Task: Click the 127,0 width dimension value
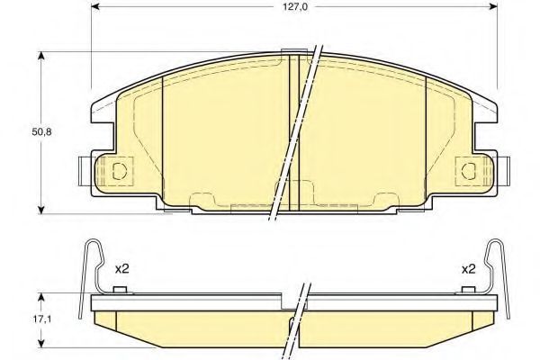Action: pyautogui.click(x=295, y=7)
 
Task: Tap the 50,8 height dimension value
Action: pyautogui.click(x=41, y=132)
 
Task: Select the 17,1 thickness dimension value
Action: pyautogui.click(x=42, y=319)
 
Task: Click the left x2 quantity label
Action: pyautogui.click(x=121, y=269)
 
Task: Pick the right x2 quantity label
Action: pyautogui.click(x=468, y=269)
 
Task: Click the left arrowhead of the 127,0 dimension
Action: pyautogui.click(x=95, y=6)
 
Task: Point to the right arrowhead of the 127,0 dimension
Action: pyautogui.click(x=493, y=6)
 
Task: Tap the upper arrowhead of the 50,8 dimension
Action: pyautogui.click(x=41, y=57)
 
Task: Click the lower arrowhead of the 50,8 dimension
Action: pyautogui.click(x=41, y=210)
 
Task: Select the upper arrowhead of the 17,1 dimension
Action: pyautogui.click(x=41, y=298)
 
